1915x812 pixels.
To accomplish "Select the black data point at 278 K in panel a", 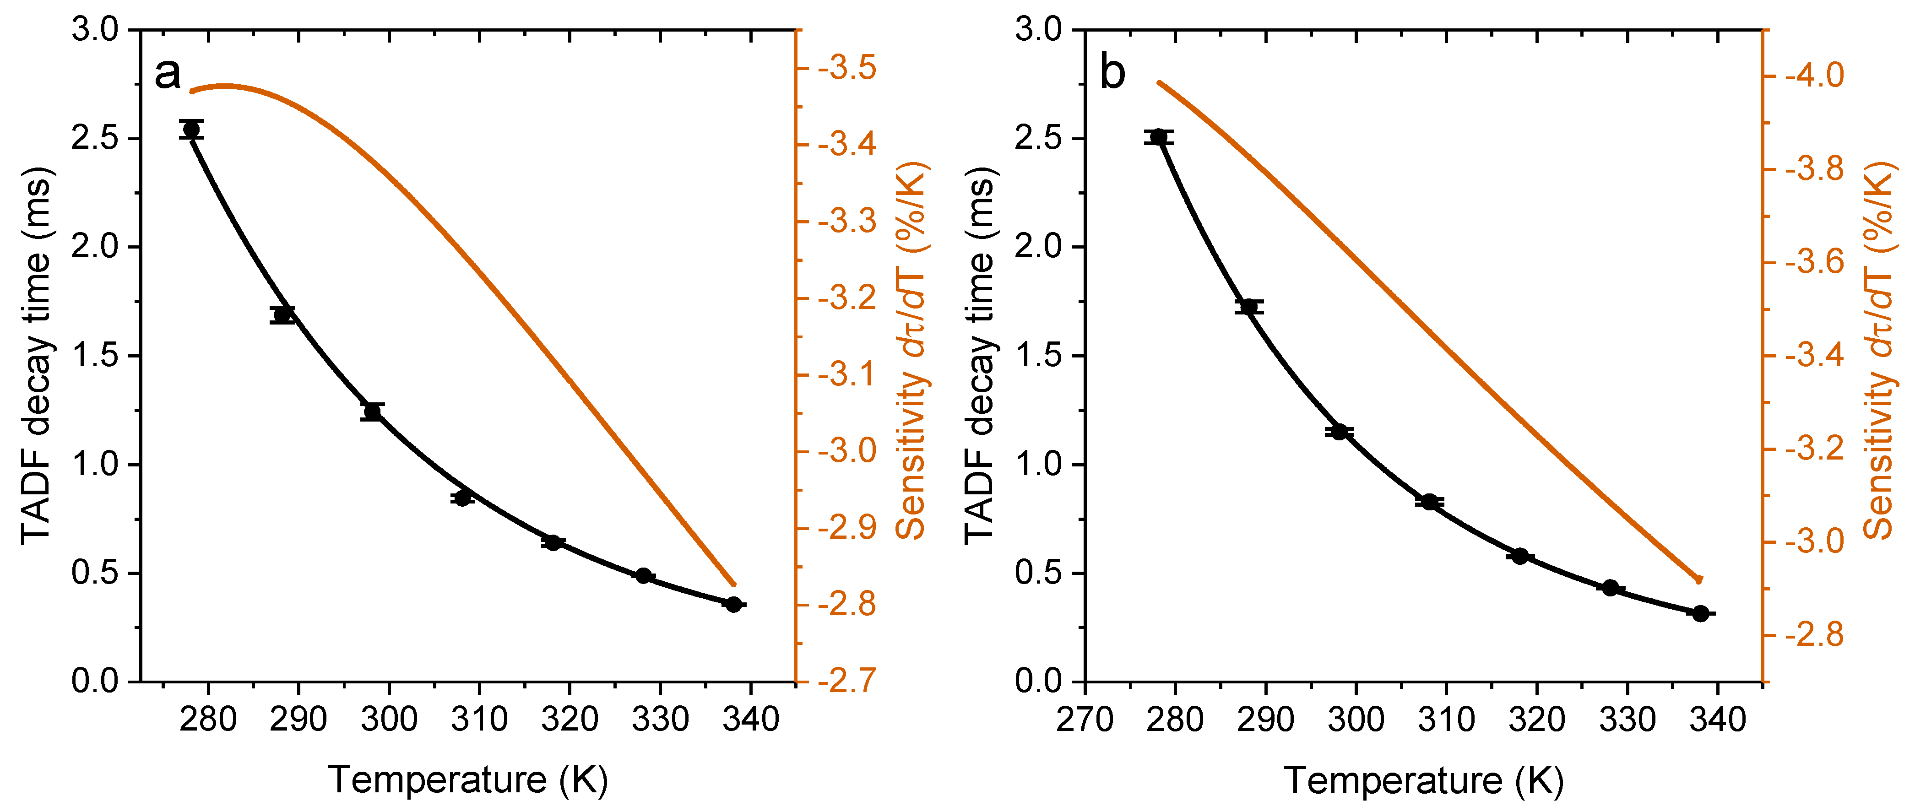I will [191, 130].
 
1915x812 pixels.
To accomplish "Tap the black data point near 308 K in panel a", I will [462, 498].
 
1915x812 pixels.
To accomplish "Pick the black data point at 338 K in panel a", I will [734, 605].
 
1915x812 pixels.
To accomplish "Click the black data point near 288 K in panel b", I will [1249, 307].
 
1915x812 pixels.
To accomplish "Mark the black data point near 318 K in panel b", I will [1520, 556].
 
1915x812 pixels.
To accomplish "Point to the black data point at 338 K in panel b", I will [1701, 613].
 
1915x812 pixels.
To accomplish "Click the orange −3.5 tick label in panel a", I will [847, 68].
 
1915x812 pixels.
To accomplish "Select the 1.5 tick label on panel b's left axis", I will [1039, 356].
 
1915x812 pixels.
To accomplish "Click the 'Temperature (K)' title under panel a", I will [468, 780].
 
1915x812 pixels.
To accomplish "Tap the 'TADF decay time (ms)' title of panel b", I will [981, 356].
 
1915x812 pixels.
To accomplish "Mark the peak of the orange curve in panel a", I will [223, 86].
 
